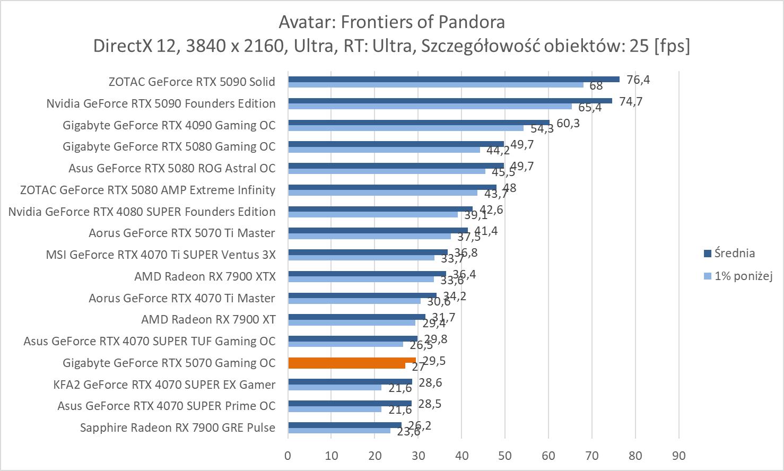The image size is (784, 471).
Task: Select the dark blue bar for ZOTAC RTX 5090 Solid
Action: pyautogui.click(x=454, y=79)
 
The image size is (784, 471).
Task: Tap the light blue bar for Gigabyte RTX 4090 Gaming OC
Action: pyautogui.click(x=406, y=128)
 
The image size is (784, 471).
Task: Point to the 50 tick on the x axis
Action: pyautogui.click(x=505, y=455)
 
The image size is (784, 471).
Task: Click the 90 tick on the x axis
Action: pyautogui.click(x=678, y=455)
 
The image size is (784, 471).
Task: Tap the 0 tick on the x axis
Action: pyautogui.click(x=288, y=455)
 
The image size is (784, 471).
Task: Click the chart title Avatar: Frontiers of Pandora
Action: pyautogui.click(x=391, y=22)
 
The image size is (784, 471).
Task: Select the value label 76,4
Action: pyautogui.click(x=638, y=80)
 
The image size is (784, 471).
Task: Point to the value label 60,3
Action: pyautogui.click(x=568, y=123)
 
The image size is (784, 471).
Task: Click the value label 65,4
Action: pyautogui.click(x=590, y=108)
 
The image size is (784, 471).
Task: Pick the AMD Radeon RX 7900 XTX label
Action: pyautogui.click(x=205, y=276)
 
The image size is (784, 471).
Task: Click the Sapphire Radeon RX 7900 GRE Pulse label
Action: pyautogui.click(x=178, y=428)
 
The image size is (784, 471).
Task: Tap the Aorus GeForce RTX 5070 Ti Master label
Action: pyautogui.click(x=182, y=233)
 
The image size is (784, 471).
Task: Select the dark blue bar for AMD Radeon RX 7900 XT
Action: pyautogui.click(x=356, y=317)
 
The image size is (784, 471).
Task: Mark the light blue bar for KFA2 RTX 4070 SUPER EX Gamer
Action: pyautogui.click(x=335, y=387)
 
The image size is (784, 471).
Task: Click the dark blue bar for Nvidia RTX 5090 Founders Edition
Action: pyautogui.click(x=450, y=101)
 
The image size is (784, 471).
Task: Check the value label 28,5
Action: pyautogui.click(x=430, y=404)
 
